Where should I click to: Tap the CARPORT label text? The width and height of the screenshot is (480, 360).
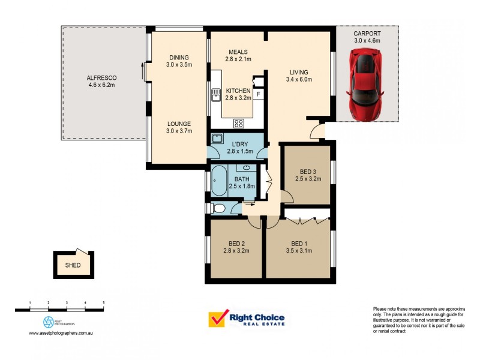(367, 34)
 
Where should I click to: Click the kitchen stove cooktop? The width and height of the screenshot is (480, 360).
(238, 124)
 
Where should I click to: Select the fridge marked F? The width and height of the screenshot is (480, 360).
(258, 95)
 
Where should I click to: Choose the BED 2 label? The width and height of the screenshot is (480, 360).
(235, 243)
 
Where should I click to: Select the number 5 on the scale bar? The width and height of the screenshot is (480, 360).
(104, 302)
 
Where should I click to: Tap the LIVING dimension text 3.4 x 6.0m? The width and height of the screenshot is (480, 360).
(301, 79)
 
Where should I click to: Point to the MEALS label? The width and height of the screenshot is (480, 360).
(238, 52)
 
